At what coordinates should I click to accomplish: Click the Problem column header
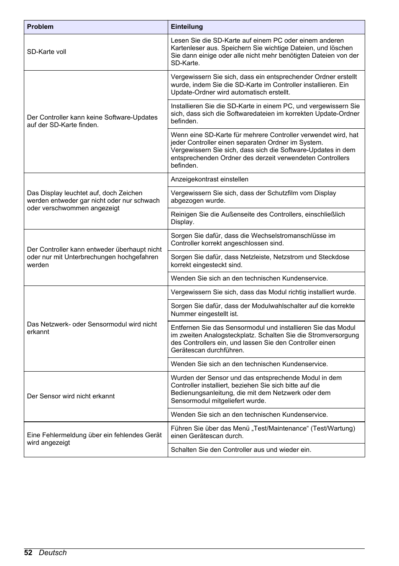(41, 27)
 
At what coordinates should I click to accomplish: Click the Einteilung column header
(187, 27)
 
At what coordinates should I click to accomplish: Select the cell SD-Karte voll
(47, 52)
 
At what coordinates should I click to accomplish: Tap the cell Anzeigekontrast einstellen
(210, 179)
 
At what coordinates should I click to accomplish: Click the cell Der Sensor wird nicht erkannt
(71, 396)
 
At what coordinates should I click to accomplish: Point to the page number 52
(28, 553)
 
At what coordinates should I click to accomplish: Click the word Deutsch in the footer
(53, 553)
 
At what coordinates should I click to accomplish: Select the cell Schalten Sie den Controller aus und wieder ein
(241, 450)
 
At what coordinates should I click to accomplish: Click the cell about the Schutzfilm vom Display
(253, 197)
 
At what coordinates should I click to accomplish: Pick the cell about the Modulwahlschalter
(262, 310)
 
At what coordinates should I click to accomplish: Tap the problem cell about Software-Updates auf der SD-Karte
(92, 121)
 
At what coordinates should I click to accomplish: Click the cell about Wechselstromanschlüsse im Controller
(253, 240)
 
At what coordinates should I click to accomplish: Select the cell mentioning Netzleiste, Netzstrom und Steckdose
(260, 261)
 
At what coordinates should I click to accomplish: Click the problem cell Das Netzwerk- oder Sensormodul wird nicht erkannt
(92, 328)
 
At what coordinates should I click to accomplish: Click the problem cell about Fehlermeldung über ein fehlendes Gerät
(94, 439)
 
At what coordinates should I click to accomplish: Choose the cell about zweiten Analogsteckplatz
(264, 339)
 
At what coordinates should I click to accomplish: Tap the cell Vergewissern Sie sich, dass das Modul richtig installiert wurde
(263, 292)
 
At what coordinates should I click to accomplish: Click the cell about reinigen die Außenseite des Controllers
(258, 218)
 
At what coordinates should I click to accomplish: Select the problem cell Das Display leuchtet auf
(93, 201)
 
